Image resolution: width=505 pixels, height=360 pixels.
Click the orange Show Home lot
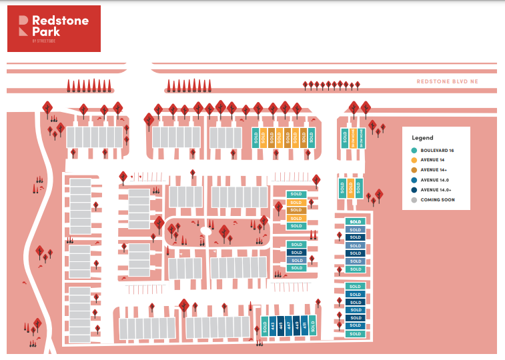354,138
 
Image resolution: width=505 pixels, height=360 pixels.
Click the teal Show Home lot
362,138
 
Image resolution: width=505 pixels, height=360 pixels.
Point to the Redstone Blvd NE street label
448,81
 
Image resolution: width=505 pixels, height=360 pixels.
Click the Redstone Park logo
54,28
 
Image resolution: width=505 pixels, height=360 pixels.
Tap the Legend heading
422,137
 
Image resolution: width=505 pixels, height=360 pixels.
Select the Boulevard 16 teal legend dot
415,151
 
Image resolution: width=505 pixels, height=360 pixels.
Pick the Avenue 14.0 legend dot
415,180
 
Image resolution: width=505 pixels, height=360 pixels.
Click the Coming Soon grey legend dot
415,200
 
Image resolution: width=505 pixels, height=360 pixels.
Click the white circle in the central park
205,231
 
